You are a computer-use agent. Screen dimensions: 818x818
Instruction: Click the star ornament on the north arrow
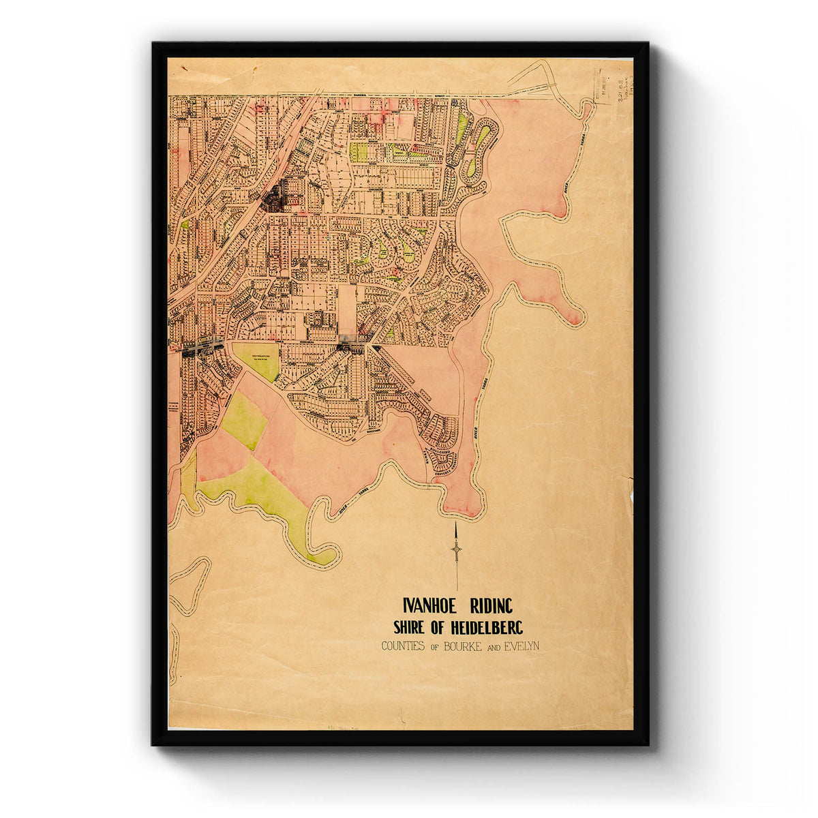[x=456, y=549]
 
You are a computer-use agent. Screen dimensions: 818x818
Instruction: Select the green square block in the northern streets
[x=359, y=151]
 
